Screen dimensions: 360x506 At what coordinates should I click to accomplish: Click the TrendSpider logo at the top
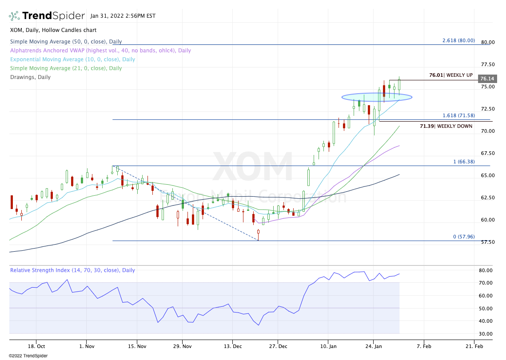click(x=47, y=16)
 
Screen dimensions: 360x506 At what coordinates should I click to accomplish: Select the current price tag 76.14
click(x=487, y=79)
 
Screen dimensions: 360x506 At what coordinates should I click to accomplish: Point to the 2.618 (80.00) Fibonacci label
click(x=458, y=40)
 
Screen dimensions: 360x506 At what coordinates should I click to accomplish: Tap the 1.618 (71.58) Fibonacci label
click(x=458, y=115)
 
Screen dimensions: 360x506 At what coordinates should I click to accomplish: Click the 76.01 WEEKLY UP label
click(x=451, y=75)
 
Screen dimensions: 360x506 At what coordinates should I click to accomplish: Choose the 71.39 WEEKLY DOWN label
click(x=446, y=127)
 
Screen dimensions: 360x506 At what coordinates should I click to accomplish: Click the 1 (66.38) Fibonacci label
click(x=464, y=162)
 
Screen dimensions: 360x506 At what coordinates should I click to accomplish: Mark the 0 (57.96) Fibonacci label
click(x=464, y=237)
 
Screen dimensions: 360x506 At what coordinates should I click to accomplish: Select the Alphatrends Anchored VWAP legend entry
click(x=100, y=51)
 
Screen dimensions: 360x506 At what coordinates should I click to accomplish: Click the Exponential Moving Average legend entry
click(x=72, y=59)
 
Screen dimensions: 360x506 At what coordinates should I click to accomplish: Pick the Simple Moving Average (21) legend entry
click(x=66, y=68)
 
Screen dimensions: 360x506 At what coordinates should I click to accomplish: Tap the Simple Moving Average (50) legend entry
click(x=66, y=42)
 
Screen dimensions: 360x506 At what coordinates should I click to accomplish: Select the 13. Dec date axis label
click(x=234, y=346)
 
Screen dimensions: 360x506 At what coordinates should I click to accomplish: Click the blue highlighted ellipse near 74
click(x=377, y=97)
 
